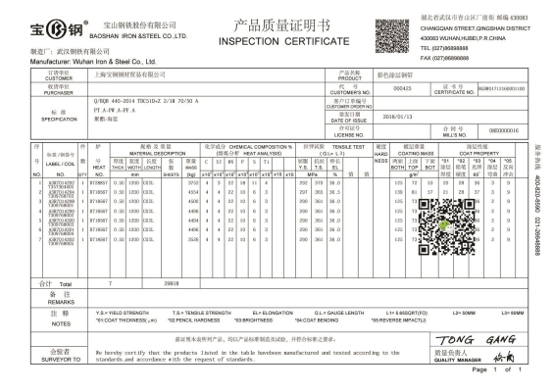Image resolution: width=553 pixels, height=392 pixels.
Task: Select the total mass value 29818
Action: coord(169,283)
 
